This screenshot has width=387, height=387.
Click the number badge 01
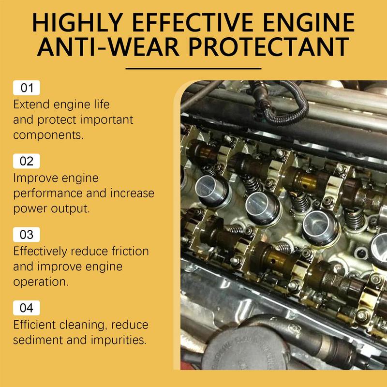tap(27, 88)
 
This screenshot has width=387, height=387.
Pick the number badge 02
tap(27, 161)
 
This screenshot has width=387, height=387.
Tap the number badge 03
tap(27, 235)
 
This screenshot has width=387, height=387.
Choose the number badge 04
tap(27, 308)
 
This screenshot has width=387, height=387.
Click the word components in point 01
tap(47, 134)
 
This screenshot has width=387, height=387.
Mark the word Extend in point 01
tap(30, 104)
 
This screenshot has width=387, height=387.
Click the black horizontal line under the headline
tap(193, 68)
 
